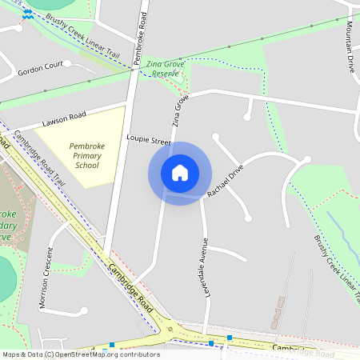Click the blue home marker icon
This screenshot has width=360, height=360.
pyautogui.click(x=180, y=173)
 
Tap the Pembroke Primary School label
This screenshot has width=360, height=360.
pyautogui.click(x=87, y=156)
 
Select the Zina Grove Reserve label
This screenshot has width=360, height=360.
pyautogui.click(x=165, y=67)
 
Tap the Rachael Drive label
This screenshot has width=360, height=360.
pyautogui.click(x=224, y=182)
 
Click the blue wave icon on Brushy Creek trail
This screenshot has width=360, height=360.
pyautogui.click(x=27, y=14)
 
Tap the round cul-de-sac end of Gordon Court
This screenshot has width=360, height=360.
pyautogui.click(x=67, y=63)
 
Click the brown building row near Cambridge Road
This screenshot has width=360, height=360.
pyautogui.click(x=278, y=312)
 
